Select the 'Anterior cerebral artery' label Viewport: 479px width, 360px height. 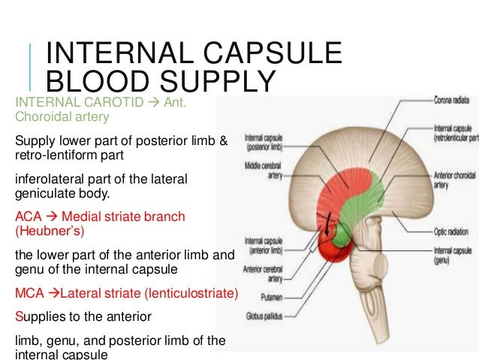pyautogui.click(x=262, y=273)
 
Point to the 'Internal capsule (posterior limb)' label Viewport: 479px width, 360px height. pyautogui.click(x=264, y=142)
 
